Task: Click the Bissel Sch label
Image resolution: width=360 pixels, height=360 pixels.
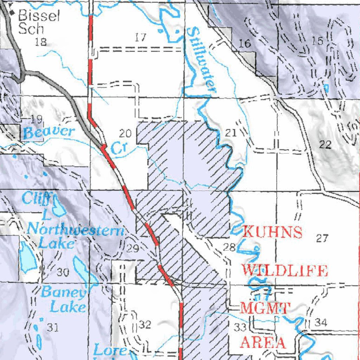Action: pos(34,22)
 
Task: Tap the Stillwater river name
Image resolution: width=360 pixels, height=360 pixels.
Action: pos(201,60)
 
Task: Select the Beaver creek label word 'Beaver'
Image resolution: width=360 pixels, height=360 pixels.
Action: pos(49,133)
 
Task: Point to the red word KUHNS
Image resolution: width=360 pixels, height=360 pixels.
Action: pos(272,232)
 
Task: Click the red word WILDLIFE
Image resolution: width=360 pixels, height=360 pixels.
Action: pos(285,271)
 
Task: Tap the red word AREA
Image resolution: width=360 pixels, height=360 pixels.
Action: pos(263,342)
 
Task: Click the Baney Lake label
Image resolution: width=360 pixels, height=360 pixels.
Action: pos(64,300)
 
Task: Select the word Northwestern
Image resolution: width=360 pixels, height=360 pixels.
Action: pos(76,230)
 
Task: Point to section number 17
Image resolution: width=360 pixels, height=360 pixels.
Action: pos(140,37)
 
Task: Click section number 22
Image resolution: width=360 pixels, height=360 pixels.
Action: pos(326,144)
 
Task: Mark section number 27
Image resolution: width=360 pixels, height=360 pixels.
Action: pos(322,239)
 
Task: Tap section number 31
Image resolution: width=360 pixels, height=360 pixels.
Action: pos(52,328)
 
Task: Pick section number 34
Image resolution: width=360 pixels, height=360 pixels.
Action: pos(320,322)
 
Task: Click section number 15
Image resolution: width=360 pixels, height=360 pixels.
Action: pos(317,41)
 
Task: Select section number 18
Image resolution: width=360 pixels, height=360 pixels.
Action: pos(41,42)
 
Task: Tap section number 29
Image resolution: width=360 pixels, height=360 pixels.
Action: pos(133,249)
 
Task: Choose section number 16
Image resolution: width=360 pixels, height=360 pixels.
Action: pos(245,44)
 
